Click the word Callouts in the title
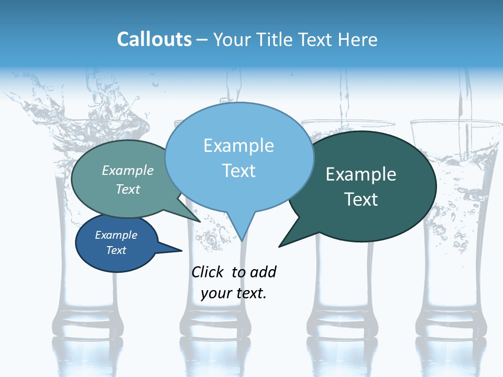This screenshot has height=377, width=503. [x=154, y=39]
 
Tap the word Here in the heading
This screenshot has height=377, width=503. [x=358, y=39]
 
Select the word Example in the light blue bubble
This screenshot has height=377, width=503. [x=238, y=146]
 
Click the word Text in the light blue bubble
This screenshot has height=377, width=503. [x=238, y=171]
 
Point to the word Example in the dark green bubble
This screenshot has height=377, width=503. [x=361, y=174]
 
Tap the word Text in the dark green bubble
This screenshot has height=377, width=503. [x=361, y=199]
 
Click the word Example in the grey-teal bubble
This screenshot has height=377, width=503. [x=128, y=170]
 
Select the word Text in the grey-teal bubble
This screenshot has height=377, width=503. [x=128, y=189]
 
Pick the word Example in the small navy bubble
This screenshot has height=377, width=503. [x=116, y=235]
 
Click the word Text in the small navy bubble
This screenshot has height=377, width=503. [x=116, y=250]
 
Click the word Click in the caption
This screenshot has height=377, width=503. [x=209, y=272]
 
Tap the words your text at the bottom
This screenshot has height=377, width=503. [x=234, y=293]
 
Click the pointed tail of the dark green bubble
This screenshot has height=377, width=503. [x=286, y=241]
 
